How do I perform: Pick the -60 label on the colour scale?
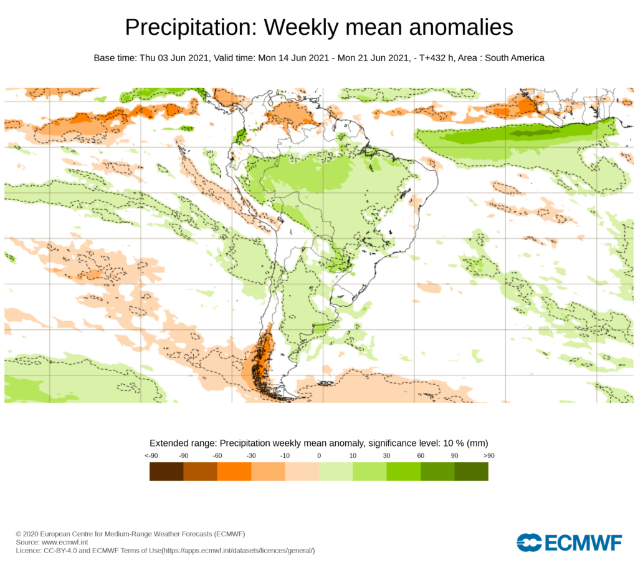coord(217,456)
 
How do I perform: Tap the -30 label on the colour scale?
coord(251,456)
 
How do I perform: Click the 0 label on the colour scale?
coord(319,456)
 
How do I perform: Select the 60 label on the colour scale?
coord(421,456)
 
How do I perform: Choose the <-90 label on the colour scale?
coord(150,456)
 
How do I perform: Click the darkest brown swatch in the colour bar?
coord(166,471)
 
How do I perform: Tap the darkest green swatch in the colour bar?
coord(471,471)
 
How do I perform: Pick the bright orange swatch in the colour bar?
coord(234,471)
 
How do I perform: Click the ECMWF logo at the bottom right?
coord(569,543)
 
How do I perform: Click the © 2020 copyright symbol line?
coord(130,534)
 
